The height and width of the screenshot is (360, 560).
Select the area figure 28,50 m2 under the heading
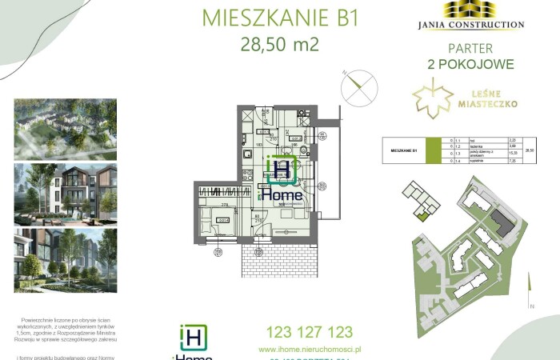tap(280, 44)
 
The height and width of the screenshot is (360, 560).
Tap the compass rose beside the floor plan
tap(358, 86)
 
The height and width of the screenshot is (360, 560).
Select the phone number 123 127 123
tap(301, 331)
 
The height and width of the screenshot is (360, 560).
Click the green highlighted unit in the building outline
tap(422, 214)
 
